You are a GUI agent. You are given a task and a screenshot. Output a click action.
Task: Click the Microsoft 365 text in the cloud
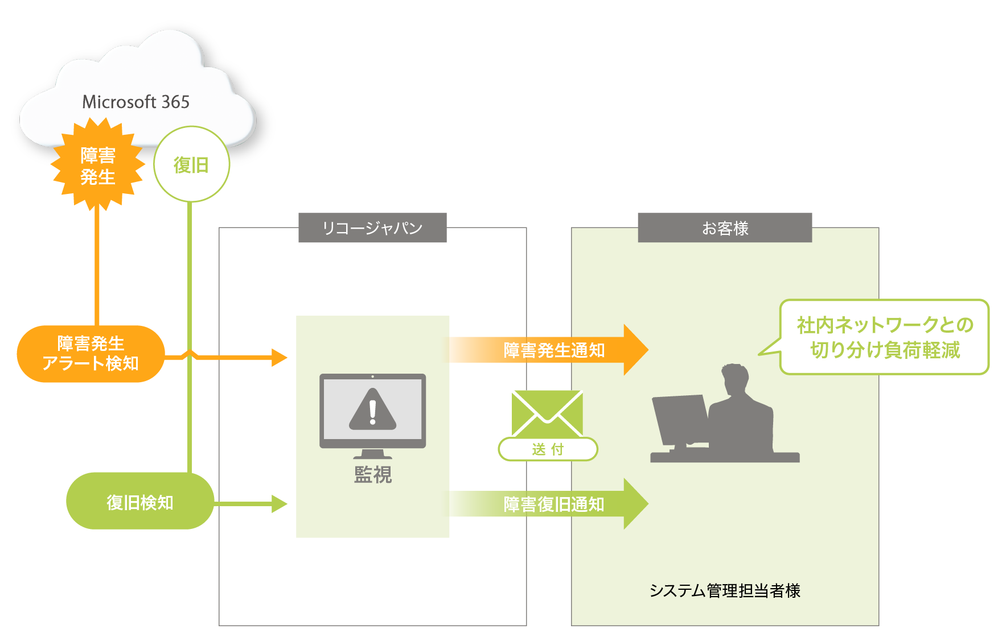[135, 102]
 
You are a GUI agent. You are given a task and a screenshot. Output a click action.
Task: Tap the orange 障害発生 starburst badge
[97, 166]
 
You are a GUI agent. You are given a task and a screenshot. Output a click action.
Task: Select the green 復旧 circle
[191, 164]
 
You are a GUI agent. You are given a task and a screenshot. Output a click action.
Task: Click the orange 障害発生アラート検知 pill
[91, 354]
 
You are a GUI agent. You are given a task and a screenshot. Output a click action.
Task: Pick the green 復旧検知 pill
[140, 502]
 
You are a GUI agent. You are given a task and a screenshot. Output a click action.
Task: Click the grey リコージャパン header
[372, 228]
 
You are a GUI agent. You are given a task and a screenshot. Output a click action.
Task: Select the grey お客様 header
[725, 228]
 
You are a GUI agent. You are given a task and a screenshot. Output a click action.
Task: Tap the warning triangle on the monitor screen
[372, 410]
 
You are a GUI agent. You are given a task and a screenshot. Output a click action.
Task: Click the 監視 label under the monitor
[373, 474]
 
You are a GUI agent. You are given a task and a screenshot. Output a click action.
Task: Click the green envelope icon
[547, 413]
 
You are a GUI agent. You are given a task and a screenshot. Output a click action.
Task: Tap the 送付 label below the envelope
[548, 449]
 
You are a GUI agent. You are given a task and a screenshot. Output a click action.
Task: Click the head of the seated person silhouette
[735, 378]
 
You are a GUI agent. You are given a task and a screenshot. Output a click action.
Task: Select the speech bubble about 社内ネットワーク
[884, 337]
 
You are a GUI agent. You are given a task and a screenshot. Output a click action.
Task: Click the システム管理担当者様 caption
[725, 591]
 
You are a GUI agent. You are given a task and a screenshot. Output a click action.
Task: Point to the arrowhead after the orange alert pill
[280, 358]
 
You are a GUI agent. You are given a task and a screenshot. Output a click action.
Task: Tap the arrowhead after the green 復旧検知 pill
[280, 504]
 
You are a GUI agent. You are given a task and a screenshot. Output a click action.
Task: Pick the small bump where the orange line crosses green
[190, 354]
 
